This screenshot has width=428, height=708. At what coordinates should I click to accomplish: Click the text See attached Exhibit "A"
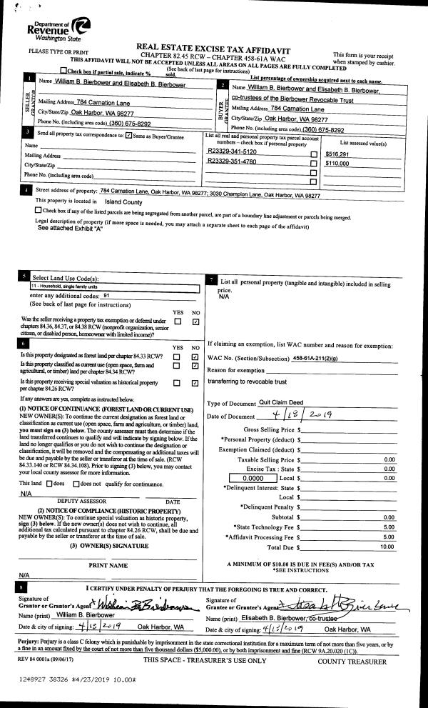70,229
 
